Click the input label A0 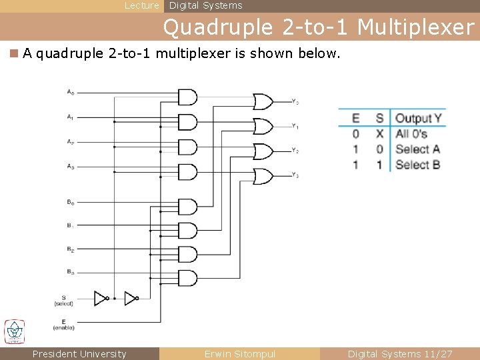70,92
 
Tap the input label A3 70,166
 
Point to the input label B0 70,201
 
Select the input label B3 70,271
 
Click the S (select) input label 63,301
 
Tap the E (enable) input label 63,325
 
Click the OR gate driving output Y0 263,101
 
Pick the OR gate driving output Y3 263,176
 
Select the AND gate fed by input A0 187,97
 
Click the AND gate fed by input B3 187,278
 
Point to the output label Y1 295,126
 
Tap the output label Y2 295,151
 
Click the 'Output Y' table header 418,118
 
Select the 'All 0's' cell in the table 411,133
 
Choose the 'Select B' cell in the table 417,165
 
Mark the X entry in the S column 379,133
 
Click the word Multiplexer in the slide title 415,27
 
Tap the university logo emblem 14,331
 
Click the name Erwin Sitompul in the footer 239,354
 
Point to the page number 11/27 436,354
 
